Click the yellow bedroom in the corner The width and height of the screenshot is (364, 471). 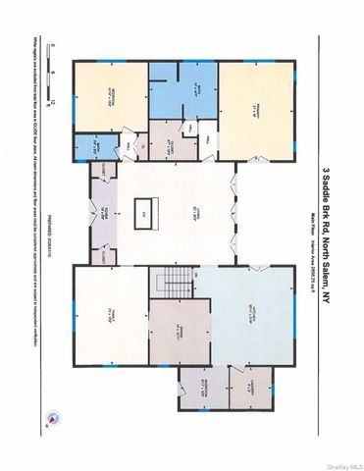pyautogui.click(x=110, y=98)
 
